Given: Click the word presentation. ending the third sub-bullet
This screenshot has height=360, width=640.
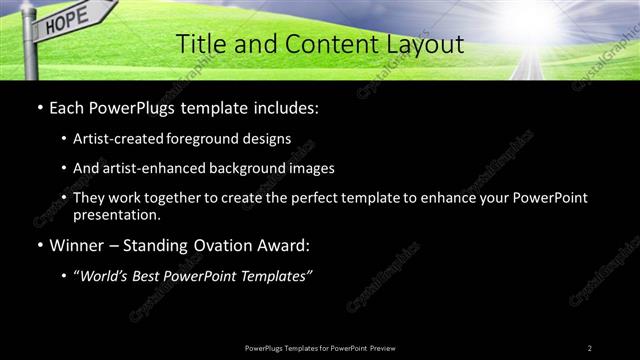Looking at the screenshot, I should (117, 214).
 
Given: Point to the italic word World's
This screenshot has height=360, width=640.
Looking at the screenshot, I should (105, 276).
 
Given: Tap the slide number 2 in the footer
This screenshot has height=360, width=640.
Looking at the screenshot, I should (590, 347).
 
